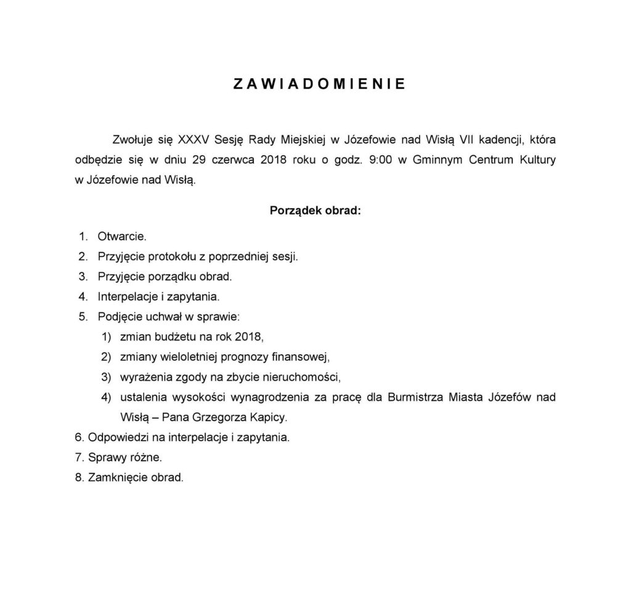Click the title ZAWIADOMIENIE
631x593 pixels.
(319, 85)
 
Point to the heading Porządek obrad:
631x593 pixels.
(315, 211)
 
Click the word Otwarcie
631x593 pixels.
(122, 236)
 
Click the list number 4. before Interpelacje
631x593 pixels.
(84, 296)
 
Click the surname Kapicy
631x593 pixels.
(267, 418)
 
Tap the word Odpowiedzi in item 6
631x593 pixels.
(116, 438)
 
